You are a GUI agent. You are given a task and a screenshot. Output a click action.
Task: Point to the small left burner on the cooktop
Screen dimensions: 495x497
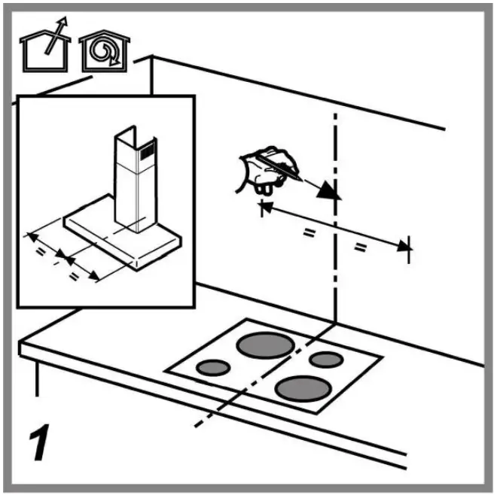[x=213, y=368]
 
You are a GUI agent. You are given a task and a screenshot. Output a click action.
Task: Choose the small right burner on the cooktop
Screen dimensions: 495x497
[x=326, y=359]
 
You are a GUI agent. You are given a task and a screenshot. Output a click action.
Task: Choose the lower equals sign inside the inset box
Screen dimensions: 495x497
[x=75, y=275]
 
